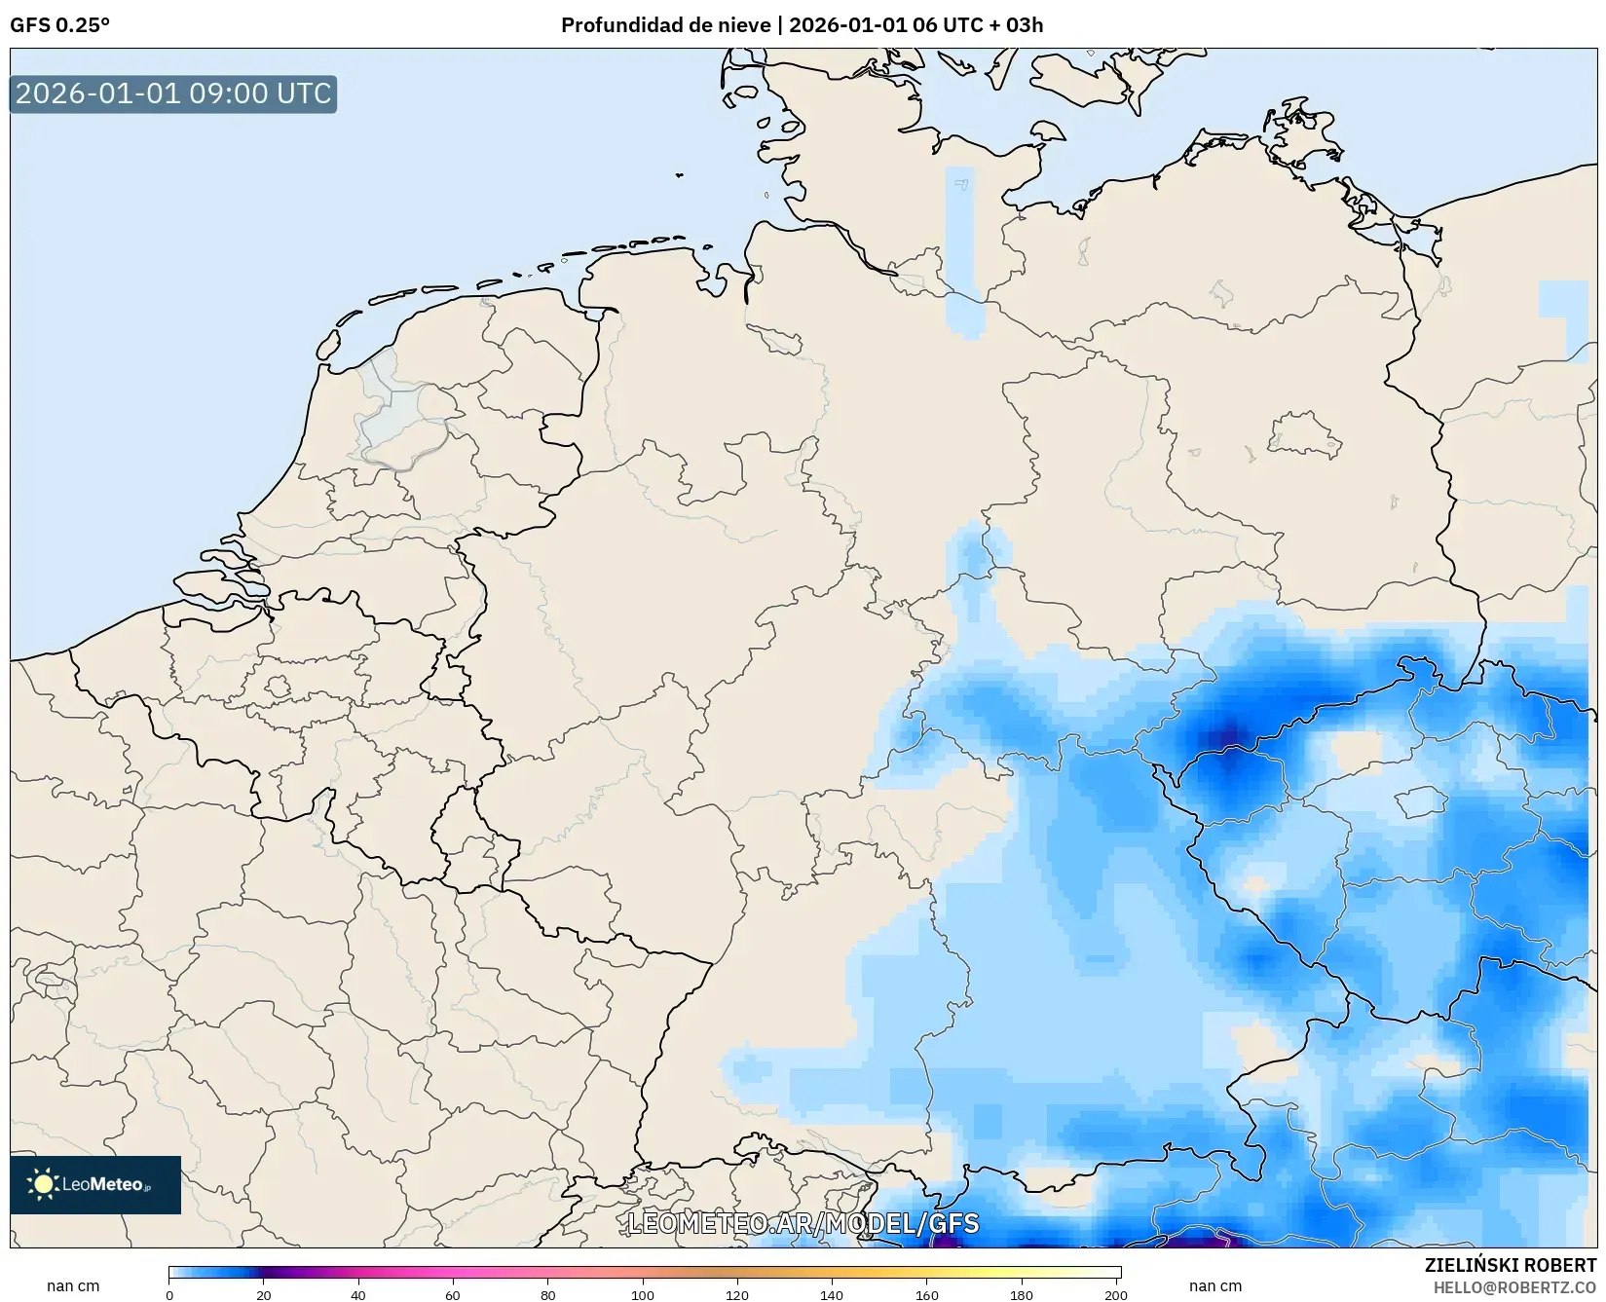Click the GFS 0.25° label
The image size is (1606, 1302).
tap(59, 25)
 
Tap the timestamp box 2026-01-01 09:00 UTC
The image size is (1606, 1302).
tap(173, 93)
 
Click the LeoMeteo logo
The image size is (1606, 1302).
tap(95, 1184)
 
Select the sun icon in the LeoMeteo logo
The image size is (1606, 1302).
tap(43, 1184)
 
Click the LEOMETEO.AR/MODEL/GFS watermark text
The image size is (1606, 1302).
tap(803, 1223)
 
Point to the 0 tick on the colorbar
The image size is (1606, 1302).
tap(169, 1294)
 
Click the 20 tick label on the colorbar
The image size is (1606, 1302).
tap(264, 1294)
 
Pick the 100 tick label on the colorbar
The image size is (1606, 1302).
tap(642, 1294)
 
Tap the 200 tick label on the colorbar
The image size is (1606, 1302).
tap(1116, 1294)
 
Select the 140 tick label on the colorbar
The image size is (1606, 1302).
tap(831, 1294)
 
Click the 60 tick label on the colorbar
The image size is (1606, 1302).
tap(453, 1294)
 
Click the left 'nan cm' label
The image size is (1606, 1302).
tap(73, 1285)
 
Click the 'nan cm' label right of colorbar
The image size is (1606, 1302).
tap(1214, 1285)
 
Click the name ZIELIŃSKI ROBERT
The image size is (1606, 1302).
tap(1511, 1265)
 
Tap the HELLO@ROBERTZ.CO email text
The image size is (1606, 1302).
tap(1514, 1287)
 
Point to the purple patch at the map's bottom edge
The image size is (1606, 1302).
tap(1198, 1240)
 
